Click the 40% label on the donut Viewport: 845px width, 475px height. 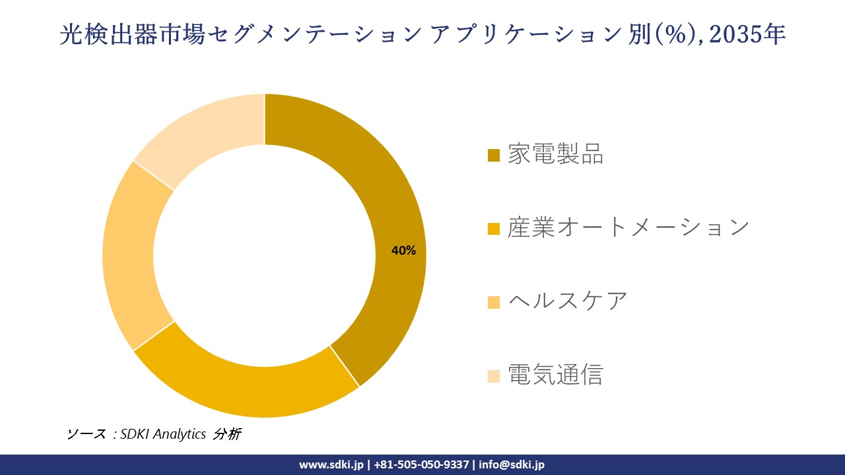[x=403, y=251]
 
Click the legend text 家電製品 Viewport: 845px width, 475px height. [x=555, y=154]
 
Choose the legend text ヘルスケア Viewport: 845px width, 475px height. [x=568, y=301]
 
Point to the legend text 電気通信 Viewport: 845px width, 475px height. [x=555, y=375]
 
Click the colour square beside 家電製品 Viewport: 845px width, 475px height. [x=493, y=156]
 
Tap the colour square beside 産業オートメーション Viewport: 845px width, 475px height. [x=493, y=229]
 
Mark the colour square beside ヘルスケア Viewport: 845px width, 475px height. [x=493, y=302]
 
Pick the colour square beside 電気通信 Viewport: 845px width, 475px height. [x=493, y=376]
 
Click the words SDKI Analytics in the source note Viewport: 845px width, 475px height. [x=163, y=434]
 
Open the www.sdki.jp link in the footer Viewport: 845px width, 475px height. [x=331, y=464]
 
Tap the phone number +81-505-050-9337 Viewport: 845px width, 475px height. [x=422, y=464]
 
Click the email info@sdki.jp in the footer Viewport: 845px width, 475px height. [x=512, y=464]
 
